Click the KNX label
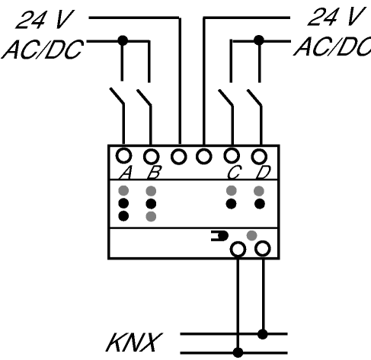click(x=134, y=342)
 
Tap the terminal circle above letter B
click(x=152, y=157)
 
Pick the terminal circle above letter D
click(x=259, y=157)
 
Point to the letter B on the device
click(x=154, y=173)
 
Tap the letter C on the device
click(x=234, y=173)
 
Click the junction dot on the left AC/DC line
click(x=123, y=40)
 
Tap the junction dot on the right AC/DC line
click(x=259, y=40)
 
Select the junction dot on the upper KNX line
click(x=263, y=334)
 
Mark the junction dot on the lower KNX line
click(x=238, y=352)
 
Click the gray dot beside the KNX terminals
click(x=251, y=235)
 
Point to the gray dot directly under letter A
click(x=123, y=190)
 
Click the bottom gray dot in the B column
click(x=151, y=216)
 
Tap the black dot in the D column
click(x=260, y=204)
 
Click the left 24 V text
click(x=45, y=19)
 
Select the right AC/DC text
click(x=333, y=46)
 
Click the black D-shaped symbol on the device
click(x=220, y=236)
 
